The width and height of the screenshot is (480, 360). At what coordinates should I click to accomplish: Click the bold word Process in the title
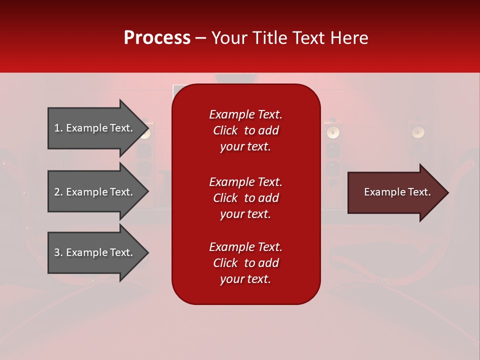(157, 38)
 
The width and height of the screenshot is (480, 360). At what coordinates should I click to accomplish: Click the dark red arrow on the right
(395, 192)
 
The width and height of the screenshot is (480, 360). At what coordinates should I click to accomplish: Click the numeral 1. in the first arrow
(58, 128)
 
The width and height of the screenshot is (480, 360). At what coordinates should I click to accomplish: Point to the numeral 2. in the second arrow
(58, 192)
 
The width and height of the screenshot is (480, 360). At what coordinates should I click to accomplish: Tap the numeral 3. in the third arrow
(58, 252)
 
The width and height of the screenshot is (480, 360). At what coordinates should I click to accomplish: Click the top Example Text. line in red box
(245, 114)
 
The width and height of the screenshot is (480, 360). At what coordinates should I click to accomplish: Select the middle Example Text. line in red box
(245, 182)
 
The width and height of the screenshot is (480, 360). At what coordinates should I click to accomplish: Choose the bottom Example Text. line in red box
(245, 247)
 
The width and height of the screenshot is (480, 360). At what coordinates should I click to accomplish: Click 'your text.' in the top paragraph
(245, 147)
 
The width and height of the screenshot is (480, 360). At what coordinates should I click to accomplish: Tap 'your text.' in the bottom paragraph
(245, 279)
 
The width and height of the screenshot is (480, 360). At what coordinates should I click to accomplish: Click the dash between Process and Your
(201, 38)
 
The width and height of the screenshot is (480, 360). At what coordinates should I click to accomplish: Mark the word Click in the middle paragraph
(225, 198)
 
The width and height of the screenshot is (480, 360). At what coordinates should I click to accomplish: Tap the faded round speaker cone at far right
(418, 132)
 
